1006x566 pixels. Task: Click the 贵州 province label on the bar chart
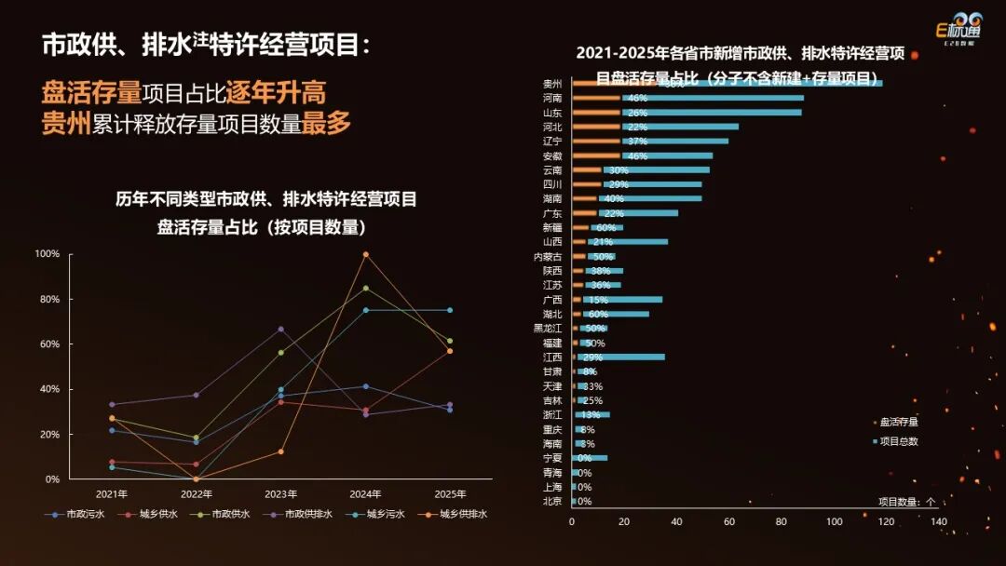[552, 83]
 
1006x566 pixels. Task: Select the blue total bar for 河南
[727, 98]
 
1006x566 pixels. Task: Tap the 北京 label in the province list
[552, 501]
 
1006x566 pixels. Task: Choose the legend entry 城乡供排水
[458, 514]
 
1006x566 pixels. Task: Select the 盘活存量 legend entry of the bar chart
[898, 422]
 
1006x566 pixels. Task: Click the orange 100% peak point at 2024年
[365, 254]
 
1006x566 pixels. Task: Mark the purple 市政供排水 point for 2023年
[280, 329]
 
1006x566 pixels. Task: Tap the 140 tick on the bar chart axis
[938, 522]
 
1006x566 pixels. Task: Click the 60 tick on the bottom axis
[728, 522]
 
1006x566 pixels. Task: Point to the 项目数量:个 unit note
[905, 501]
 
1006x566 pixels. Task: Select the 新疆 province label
[552, 227]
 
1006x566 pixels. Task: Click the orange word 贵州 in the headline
[66, 125]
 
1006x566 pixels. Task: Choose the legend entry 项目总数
[898, 441]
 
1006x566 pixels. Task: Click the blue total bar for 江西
[633, 357]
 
